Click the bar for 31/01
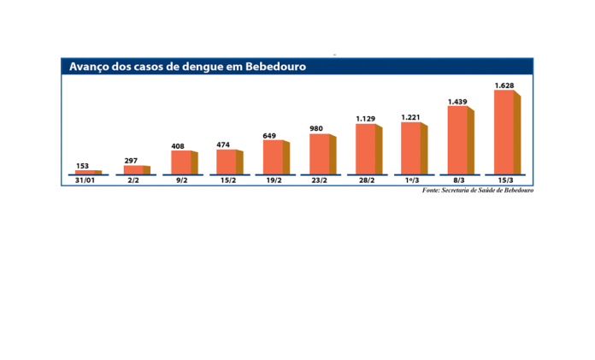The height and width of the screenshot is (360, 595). (87, 171)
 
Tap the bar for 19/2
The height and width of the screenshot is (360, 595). (273, 157)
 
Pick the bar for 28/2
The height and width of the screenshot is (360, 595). (365, 149)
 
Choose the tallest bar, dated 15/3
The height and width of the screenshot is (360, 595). (504, 132)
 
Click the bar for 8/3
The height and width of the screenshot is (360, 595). (457, 140)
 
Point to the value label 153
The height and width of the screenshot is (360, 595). (83, 165)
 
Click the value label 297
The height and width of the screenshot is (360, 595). (131, 160)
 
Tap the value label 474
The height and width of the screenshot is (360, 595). (223, 145)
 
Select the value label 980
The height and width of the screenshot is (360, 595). (316, 128)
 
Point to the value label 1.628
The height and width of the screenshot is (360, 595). (504, 85)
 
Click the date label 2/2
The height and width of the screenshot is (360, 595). (134, 181)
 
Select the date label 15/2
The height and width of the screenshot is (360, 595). (227, 181)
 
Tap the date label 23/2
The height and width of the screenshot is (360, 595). (319, 181)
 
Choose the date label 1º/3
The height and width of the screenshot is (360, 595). (411, 181)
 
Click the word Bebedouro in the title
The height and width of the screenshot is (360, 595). (275, 66)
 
